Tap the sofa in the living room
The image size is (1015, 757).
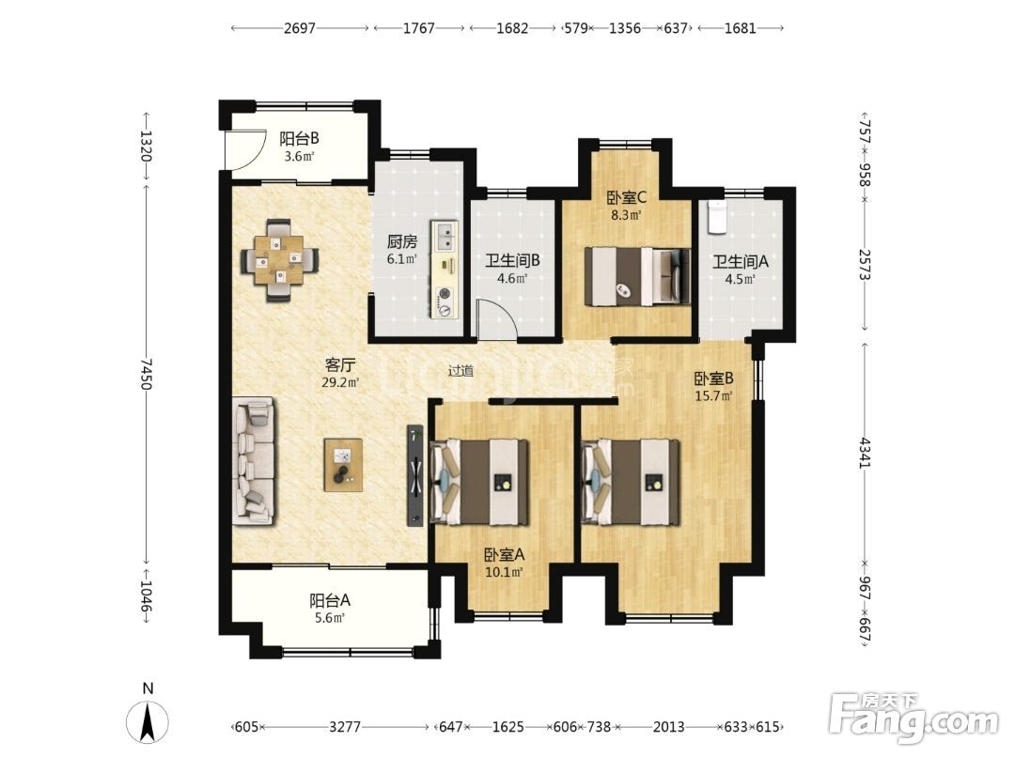point(254,461)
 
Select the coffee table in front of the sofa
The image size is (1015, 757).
point(343,465)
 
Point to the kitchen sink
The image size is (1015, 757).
point(445,237)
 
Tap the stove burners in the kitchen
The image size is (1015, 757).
point(445,302)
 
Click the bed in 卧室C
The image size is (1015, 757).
point(637,276)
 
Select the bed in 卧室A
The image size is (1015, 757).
point(479,482)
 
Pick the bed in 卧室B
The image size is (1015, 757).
point(631,482)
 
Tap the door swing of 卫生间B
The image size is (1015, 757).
point(497,319)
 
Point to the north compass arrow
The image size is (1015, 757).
point(148,720)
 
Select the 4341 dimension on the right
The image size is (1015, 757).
point(866,453)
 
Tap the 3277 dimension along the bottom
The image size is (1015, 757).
point(344,727)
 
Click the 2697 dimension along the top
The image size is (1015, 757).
point(300,28)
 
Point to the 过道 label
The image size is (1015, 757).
point(461,371)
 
